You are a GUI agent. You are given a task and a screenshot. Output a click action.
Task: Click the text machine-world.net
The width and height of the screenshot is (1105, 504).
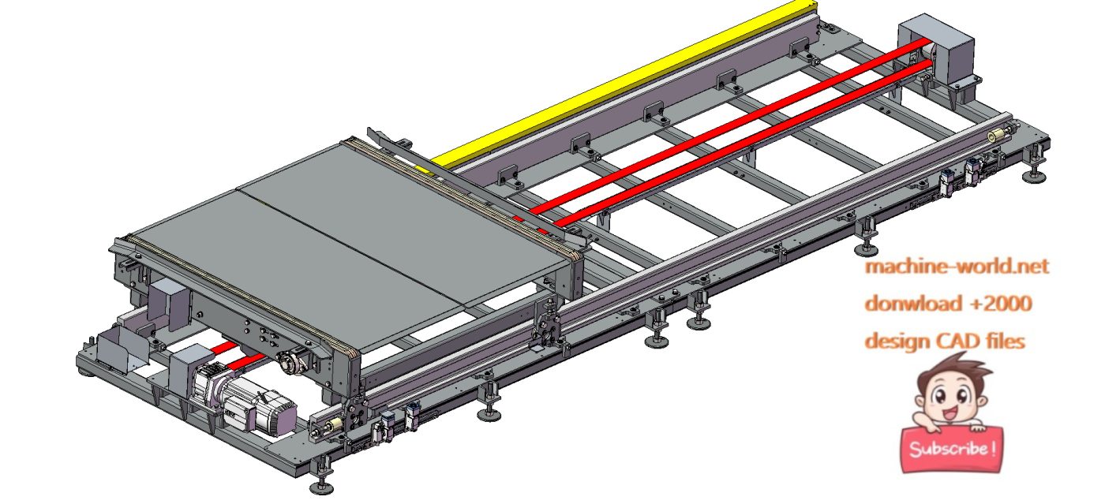point(957,267)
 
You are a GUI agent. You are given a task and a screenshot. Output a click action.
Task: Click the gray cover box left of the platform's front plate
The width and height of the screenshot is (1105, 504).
point(167,300)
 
